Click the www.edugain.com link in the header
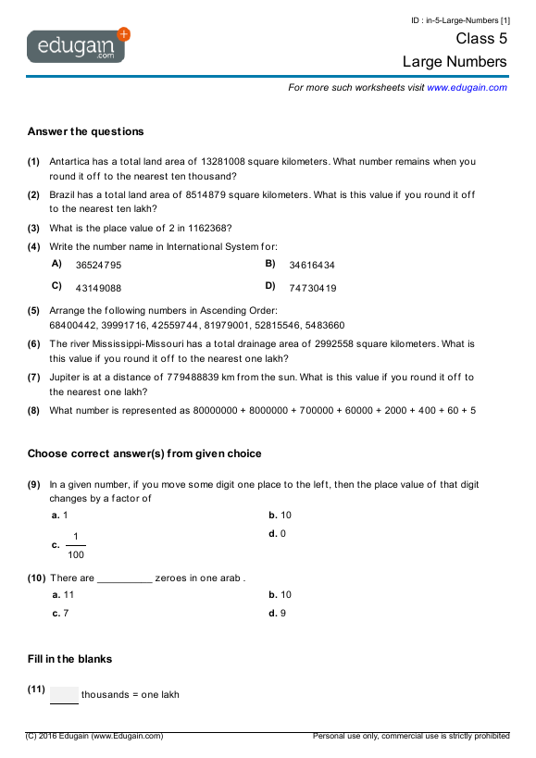point(467,88)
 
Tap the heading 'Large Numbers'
point(455,62)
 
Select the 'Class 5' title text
point(481,39)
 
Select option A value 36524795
point(98,265)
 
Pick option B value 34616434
point(312,265)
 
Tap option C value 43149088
point(98,288)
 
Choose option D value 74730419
point(313,288)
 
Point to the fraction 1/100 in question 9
point(75,545)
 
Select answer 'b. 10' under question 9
point(280,516)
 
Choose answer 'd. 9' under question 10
point(277,613)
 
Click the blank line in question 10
point(124,579)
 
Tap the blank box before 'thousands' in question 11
point(64,695)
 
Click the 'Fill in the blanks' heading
point(69,659)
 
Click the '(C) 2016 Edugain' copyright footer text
point(94,736)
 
